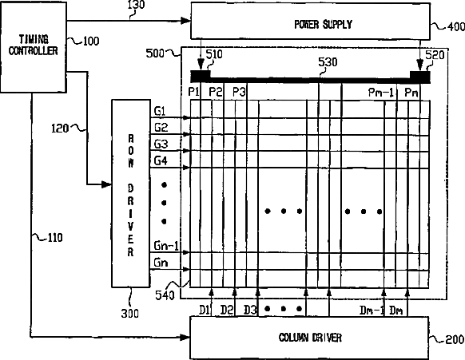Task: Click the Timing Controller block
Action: [34, 47]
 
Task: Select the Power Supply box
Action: [311, 21]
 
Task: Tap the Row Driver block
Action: [131, 193]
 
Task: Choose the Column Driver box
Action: [309, 338]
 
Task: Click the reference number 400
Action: [456, 26]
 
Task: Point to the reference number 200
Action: [455, 339]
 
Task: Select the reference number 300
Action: [130, 313]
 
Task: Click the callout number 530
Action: [328, 62]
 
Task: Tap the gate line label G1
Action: [160, 111]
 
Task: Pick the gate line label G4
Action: [161, 160]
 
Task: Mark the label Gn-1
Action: [166, 246]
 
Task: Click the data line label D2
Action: [227, 310]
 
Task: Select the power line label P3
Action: [239, 92]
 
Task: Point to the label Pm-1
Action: [381, 92]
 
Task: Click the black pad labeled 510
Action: [201, 76]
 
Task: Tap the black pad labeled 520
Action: [420, 77]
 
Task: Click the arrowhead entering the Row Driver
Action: [107, 184]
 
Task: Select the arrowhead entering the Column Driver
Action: [185, 337]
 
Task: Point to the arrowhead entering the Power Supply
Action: [185, 21]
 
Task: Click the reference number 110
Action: [55, 238]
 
